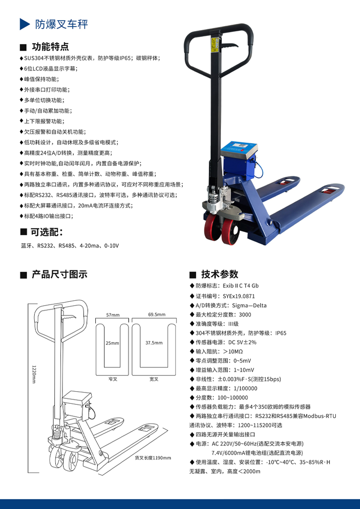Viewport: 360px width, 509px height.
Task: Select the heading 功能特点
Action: [50, 47]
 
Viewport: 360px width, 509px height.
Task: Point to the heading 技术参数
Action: [220, 274]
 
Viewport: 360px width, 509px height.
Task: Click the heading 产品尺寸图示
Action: [59, 274]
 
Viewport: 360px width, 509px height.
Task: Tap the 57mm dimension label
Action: [113, 315]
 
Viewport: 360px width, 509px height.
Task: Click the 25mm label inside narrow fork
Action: [112, 343]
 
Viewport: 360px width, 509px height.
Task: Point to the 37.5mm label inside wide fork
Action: [154, 343]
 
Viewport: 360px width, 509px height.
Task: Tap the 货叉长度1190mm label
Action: [153, 458]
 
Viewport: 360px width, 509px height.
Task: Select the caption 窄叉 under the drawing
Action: [112, 379]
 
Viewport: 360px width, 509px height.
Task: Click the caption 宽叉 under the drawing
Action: [154, 379]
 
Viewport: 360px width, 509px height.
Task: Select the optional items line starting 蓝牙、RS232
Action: [70, 246]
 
